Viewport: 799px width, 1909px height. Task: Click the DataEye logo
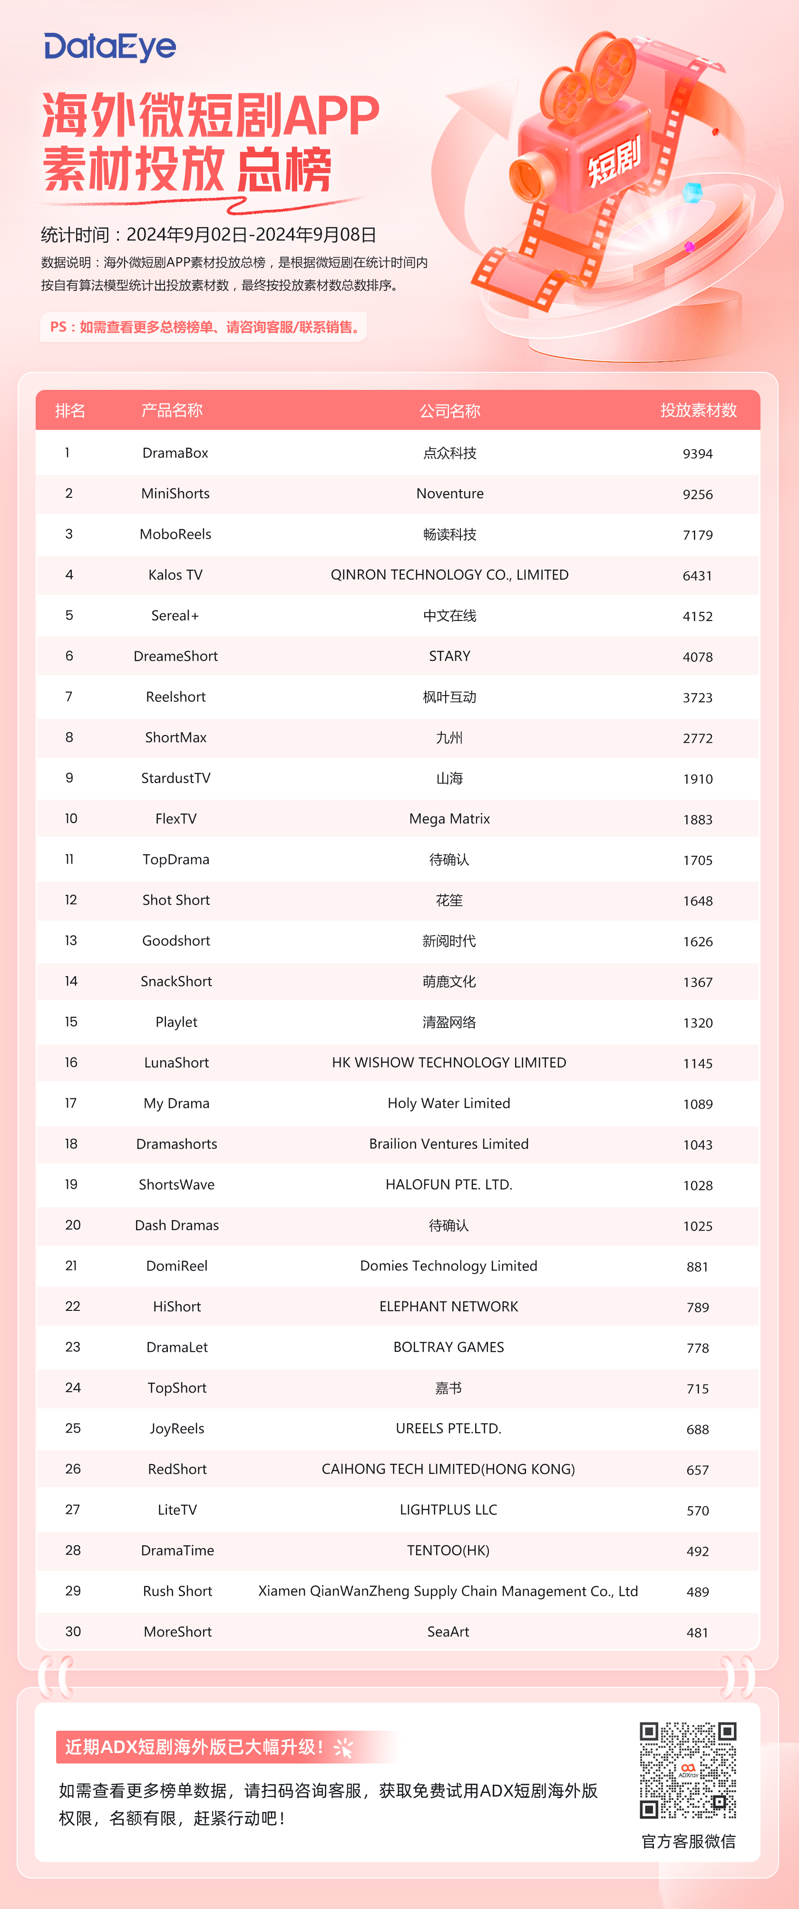(x=110, y=48)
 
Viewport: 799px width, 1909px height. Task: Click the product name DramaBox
(x=175, y=453)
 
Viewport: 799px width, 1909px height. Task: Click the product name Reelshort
(x=175, y=697)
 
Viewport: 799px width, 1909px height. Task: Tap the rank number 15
(x=71, y=1022)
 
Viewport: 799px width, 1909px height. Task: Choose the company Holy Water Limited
(x=448, y=1104)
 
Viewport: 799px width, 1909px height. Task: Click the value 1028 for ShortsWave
(x=697, y=1185)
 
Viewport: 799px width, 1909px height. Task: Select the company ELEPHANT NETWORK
(x=448, y=1307)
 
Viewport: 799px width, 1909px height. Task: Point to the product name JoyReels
(x=176, y=1429)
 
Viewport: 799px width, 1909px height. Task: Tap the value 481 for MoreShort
(x=697, y=1633)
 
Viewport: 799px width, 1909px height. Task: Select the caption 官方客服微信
(x=688, y=1841)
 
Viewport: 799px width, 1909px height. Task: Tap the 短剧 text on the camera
(x=614, y=162)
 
